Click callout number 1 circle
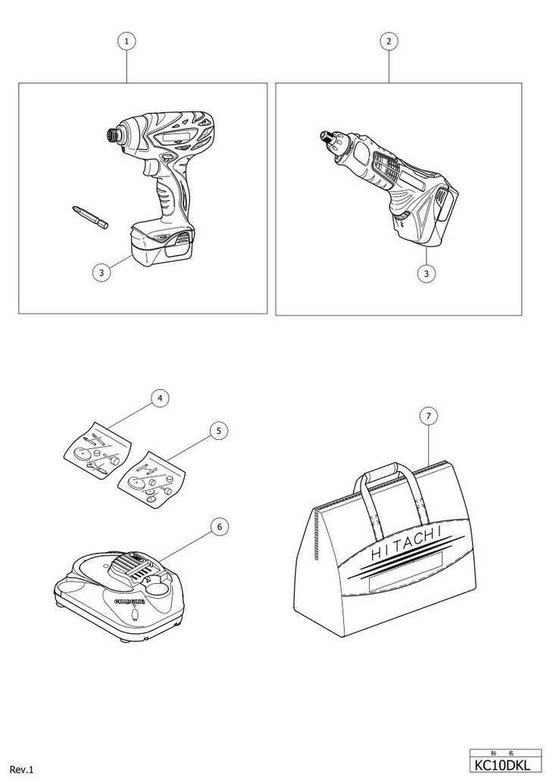point(127,42)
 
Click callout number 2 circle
point(389,42)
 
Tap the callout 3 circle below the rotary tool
point(428,273)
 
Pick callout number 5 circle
point(217,431)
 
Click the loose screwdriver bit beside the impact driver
point(90,217)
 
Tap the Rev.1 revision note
point(23,769)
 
